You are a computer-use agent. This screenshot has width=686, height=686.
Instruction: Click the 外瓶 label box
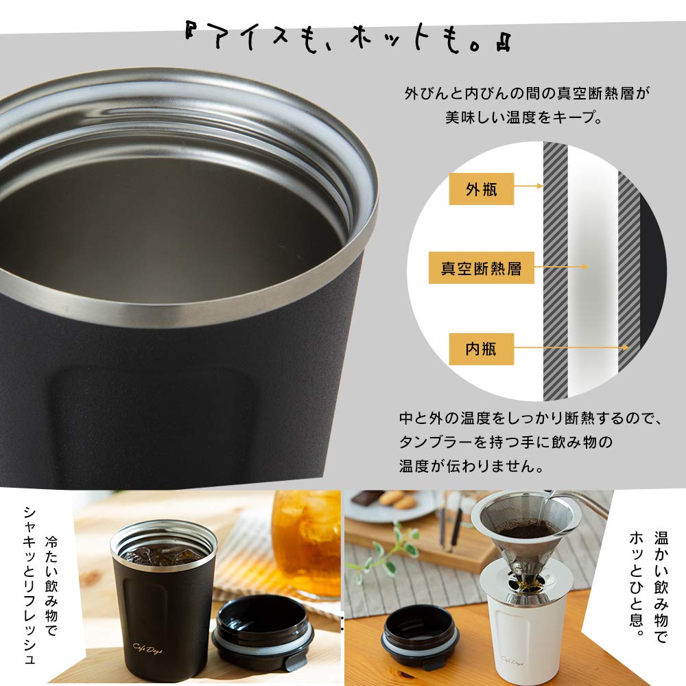point(481,189)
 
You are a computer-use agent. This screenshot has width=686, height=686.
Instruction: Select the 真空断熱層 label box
point(481,268)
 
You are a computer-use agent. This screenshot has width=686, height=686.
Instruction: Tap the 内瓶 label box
point(481,349)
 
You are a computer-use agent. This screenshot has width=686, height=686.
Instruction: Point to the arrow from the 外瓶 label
point(528,186)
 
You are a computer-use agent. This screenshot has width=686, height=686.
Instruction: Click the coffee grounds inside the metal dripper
point(526,529)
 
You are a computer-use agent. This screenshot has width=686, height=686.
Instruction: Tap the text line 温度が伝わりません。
point(471,466)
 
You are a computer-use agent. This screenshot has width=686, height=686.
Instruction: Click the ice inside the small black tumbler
point(163,552)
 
